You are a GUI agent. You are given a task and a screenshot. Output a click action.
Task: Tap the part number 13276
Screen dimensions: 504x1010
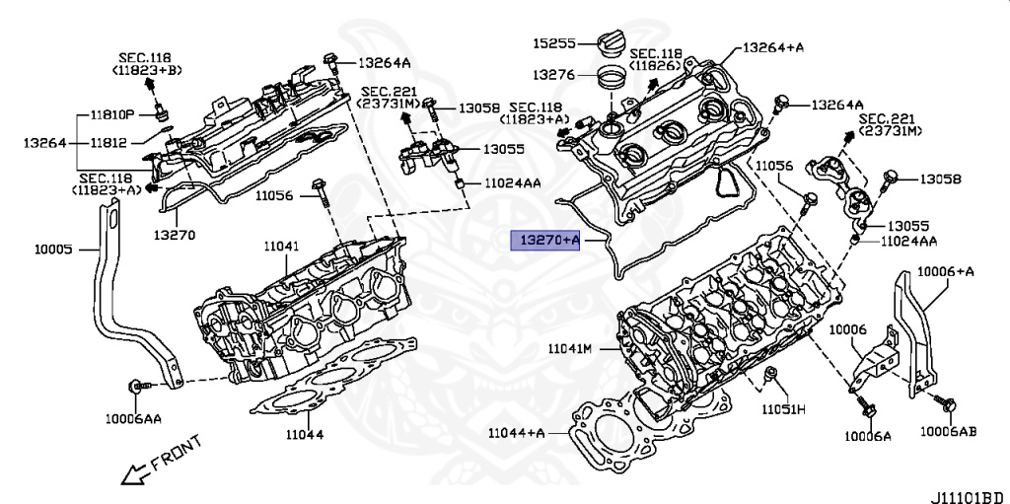tap(554, 74)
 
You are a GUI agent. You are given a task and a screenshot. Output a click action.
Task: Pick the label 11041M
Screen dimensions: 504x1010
tap(570, 348)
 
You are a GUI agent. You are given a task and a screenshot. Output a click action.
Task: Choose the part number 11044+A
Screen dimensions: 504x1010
tap(516, 433)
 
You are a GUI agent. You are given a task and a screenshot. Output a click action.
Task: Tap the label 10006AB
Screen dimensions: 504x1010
tap(949, 432)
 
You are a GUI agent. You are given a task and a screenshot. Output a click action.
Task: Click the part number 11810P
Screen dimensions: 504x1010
tap(111, 114)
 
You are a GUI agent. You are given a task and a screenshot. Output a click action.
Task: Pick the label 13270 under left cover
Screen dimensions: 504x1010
tap(174, 235)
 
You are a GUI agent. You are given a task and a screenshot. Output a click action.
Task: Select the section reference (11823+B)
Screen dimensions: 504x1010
tap(147, 71)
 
